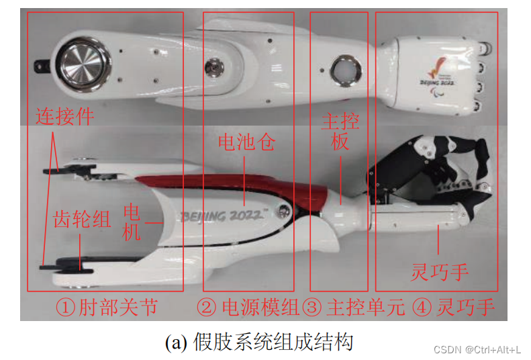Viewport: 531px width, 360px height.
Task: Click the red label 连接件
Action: pyautogui.click(x=64, y=116)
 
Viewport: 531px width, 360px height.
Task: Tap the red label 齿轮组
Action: pyautogui.click(x=82, y=219)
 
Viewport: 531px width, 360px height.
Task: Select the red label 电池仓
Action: pyautogui.click(x=247, y=142)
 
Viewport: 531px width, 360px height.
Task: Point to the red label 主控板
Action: pyautogui.click(x=340, y=131)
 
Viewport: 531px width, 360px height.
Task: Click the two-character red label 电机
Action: pyautogui.click(x=132, y=222)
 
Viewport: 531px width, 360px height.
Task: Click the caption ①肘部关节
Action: pyautogui.click(x=107, y=307)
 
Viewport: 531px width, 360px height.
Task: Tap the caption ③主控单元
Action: pyautogui.click(x=354, y=307)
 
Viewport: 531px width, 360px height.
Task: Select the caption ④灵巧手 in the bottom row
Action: pyautogui.click(x=454, y=307)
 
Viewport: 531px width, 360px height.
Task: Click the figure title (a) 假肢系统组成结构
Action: pyautogui.click(x=259, y=342)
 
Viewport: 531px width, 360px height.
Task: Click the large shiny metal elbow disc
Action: pyautogui.click(x=83, y=64)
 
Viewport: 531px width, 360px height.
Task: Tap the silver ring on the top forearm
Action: pyautogui.click(x=346, y=71)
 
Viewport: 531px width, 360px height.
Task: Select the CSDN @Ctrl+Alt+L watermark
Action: pyautogui.click(x=477, y=349)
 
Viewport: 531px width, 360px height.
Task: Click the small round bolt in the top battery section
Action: pyautogui.click(x=214, y=67)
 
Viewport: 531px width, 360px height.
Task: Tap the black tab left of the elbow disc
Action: pyautogui.click(x=42, y=66)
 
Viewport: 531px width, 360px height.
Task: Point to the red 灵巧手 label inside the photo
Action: pyautogui.click(x=440, y=272)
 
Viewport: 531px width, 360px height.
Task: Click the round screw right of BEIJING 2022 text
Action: pyautogui.click(x=283, y=212)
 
